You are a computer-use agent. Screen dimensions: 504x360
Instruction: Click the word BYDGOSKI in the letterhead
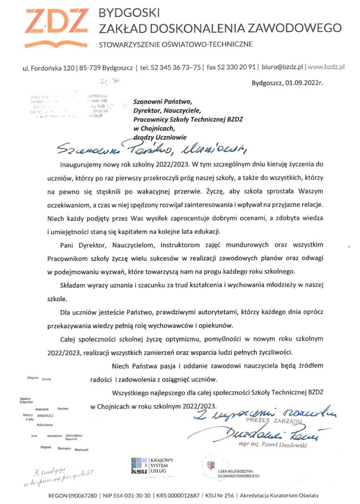coord(130,12)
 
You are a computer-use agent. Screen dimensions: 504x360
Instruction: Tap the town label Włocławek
coord(66,449)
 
